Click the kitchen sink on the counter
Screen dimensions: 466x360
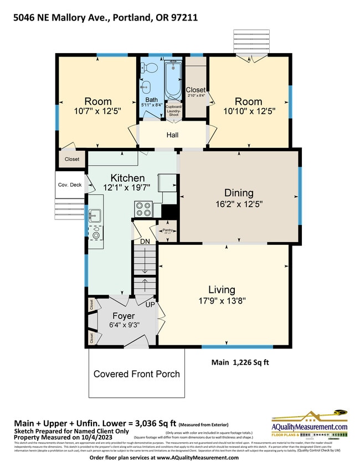(95, 214)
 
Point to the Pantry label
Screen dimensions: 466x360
(168, 229)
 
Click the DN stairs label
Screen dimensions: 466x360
(145, 242)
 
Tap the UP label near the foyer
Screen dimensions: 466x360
(149, 305)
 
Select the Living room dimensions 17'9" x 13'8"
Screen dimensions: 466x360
(222, 301)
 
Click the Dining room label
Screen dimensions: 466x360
(239, 193)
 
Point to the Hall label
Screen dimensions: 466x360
(173, 135)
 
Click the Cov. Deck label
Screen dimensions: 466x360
(69, 185)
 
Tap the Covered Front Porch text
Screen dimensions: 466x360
(136, 374)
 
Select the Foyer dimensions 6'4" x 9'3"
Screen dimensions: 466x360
(124, 326)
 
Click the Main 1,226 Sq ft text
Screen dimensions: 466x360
(243, 363)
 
